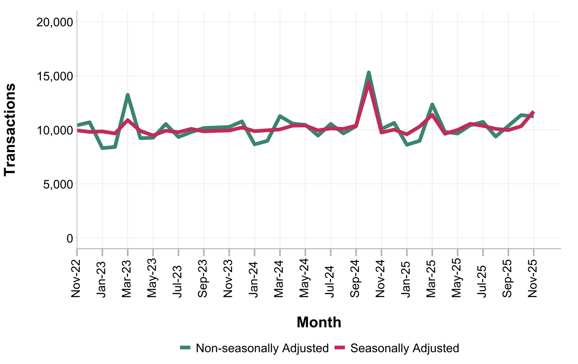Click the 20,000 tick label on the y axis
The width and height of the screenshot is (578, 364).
pos(55,22)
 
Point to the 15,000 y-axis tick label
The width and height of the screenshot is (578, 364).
pos(55,76)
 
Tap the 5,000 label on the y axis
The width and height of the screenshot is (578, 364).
pos(58,184)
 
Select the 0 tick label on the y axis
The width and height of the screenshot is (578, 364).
pos(69,238)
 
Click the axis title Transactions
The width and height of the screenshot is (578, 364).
pos(10,129)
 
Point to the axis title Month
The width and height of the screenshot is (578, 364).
pos(319,322)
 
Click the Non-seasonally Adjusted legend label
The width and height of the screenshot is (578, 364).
pos(262,348)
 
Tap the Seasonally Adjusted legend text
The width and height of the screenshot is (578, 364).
pos(404,348)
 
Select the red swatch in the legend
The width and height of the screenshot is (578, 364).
pos(340,348)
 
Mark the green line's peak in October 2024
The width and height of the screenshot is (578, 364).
pos(369,73)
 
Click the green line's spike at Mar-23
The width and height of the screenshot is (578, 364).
pos(128,95)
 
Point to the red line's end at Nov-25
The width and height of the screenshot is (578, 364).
pos(533,112)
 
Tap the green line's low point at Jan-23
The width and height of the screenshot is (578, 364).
pos(102,148)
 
